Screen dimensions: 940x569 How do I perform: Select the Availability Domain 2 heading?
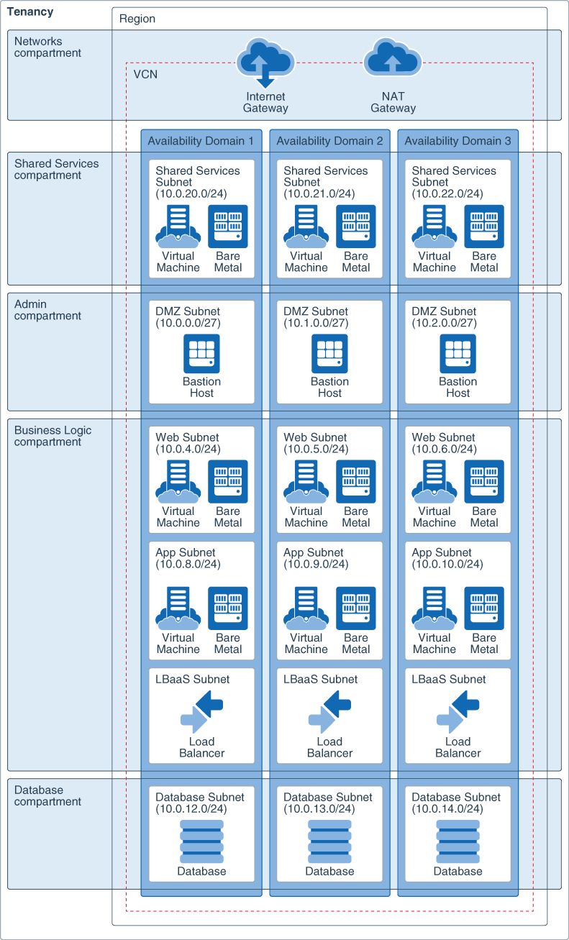click(329, 141)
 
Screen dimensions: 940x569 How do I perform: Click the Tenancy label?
click(29, 12)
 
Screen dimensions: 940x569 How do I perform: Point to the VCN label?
click(145, 74)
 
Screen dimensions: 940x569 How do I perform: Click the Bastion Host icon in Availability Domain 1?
click(201, 354)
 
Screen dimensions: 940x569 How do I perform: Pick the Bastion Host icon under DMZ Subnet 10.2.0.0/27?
click(458, 354)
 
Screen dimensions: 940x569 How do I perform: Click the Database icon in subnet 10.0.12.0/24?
click(201, 841)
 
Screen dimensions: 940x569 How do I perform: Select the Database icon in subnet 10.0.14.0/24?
click(458, 841)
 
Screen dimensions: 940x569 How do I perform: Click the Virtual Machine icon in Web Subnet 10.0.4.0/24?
click(178, 482)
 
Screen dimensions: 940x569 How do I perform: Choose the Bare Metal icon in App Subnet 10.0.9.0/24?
click(356, 608)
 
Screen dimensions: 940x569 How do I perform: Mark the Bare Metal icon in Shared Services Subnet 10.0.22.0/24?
click(484, 227)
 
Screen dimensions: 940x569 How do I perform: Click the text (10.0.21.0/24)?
click(319, 193)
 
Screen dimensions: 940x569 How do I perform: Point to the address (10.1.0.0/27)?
click(316, 323)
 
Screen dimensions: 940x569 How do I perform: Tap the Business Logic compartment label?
click(53, 436)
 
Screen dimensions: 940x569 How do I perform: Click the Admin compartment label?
click(47, 310)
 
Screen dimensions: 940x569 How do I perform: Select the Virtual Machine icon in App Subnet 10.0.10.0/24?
click(434, 608)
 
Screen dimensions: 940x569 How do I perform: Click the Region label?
click(137, 19)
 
